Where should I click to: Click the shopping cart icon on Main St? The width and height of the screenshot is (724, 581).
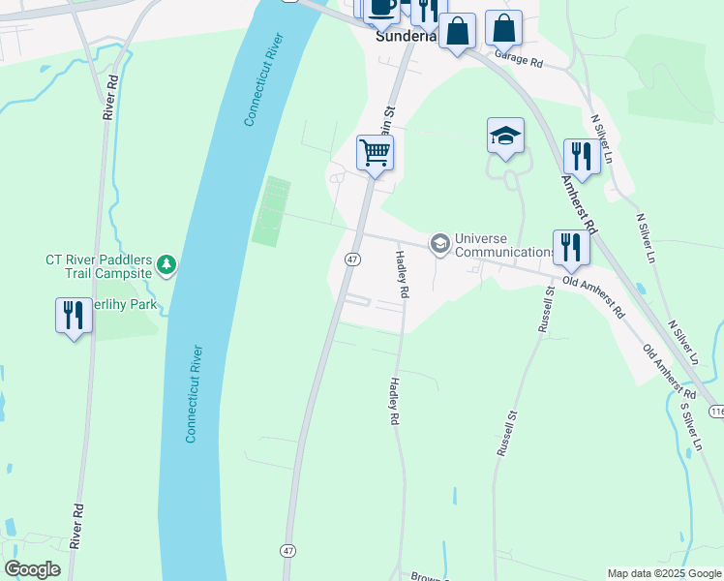(x=375, y=152)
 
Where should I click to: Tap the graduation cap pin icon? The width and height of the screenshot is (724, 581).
(x=505, y=136)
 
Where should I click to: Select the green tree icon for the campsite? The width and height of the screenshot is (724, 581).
(x=166, y=263)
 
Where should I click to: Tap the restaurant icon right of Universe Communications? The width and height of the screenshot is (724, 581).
(x=571, y=248)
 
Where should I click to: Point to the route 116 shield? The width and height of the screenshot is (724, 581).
(x=715, y=413)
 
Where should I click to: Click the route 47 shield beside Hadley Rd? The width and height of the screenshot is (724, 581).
(x=352, y=260)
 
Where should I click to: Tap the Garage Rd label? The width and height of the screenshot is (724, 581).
(x=520, y=59)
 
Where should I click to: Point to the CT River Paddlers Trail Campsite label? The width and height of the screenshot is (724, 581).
(x=100, y=266)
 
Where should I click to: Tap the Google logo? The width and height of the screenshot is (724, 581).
(x=33, y=569)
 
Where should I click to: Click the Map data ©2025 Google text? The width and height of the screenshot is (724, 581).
(x=664, y=573)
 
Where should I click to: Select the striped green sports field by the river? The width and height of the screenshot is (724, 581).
(x=272, y=211)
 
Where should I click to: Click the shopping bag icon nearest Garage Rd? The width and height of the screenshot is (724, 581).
(x=503, y=28)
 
